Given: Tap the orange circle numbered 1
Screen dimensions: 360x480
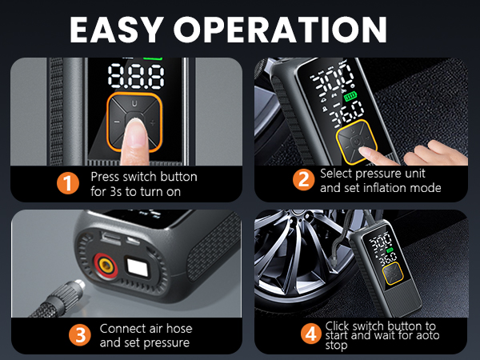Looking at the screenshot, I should click(x=70, y=183).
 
